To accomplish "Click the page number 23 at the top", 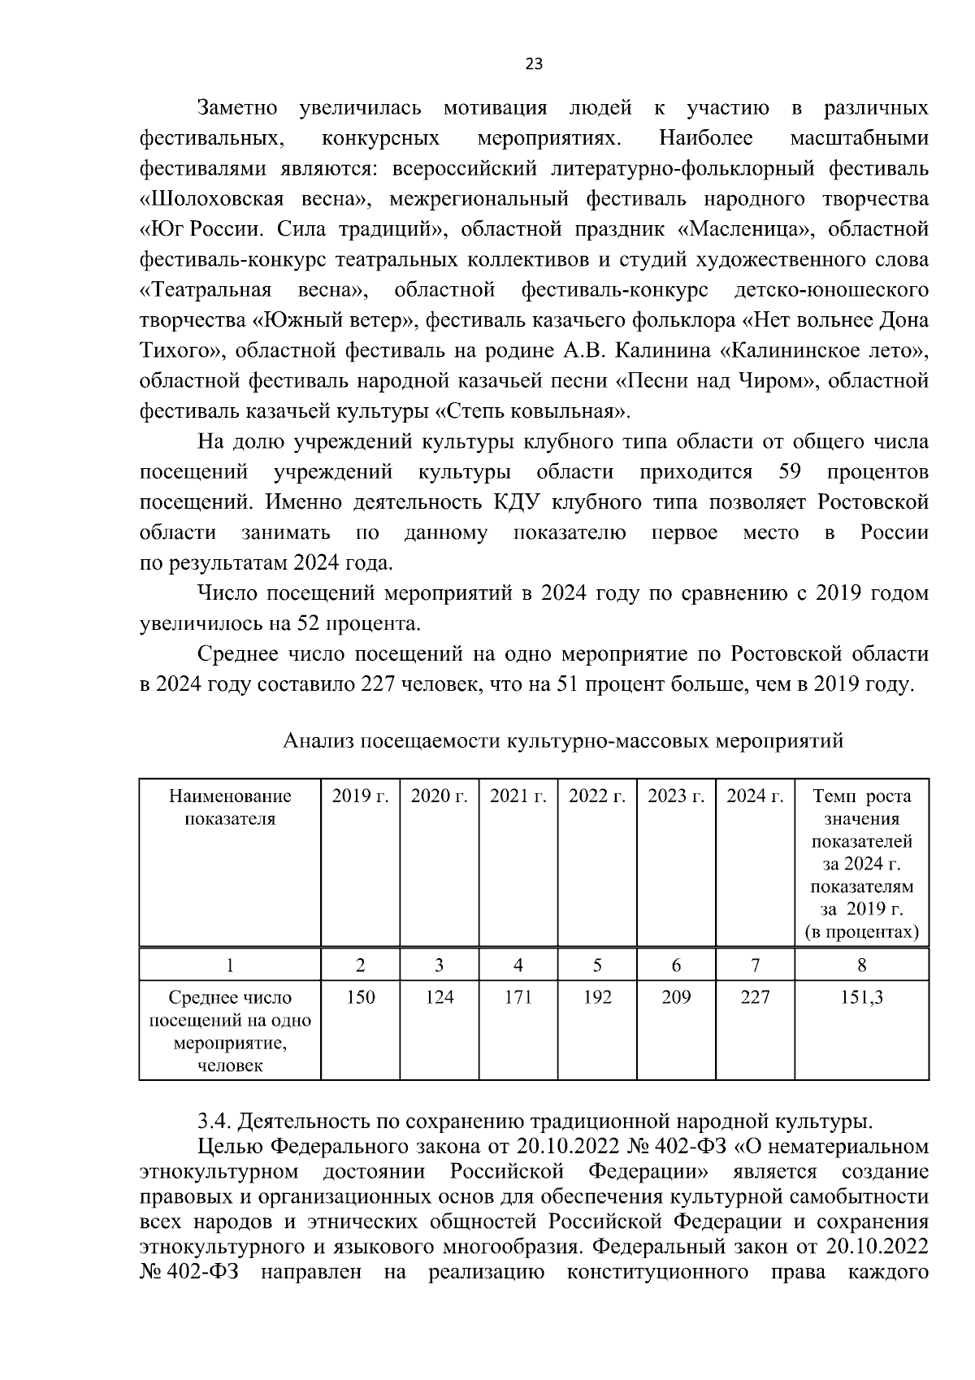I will click(534, 65).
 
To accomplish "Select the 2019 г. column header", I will click(360, 796).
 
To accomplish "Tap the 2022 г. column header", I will click(596, 796).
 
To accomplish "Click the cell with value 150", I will click(360, 997).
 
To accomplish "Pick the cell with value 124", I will click(439, 997).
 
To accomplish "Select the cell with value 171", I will click(518, 997).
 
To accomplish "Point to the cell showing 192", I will click(596, 997).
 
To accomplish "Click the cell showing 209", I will click(675, 997).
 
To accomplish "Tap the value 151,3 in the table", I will click(861, 997).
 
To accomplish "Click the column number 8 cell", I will click(861, 966).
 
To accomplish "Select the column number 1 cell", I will click(230, 966).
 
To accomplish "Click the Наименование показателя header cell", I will click(230, 807).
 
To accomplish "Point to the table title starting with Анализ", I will click(563, 740).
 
